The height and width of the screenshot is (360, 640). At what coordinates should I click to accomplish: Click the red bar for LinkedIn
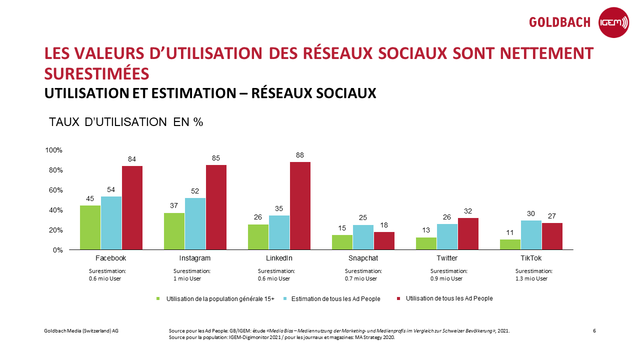pyautogui.click(x=300, y=205)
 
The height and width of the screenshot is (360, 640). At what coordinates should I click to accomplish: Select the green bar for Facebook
pyautogui.click(x=90, y=227)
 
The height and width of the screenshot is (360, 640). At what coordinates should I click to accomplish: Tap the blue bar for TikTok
pyautogui.click(x=531, y=235)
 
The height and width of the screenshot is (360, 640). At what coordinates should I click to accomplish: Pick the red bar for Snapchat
pyautogui.click(x=384, y=240)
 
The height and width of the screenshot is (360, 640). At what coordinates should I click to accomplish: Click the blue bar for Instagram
pyautogui.click(x=195, y=223)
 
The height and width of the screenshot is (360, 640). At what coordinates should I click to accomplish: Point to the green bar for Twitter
pyautogui.click(x=426, y=243)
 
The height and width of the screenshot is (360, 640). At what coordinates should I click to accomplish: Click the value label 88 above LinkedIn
pyautogui.click(x=300, y=155)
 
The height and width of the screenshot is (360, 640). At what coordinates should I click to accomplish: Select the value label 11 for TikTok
pyautogui.click(x=510, y=232)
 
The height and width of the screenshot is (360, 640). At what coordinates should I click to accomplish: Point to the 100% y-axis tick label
pyautogui.click(x=53, y=150)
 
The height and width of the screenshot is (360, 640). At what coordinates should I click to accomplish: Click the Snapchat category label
pyautogui.click(x=363, y=258)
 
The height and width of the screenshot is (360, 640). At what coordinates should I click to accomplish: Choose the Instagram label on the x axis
pyautogui.click(x=195, y=258)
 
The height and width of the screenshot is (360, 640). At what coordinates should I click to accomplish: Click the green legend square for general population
pyautogui.click(x=158, y=299)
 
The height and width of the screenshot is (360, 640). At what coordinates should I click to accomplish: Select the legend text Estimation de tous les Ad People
pyautogui.click(x=335, y=299)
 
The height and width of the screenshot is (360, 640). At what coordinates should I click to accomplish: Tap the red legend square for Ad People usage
pyautogui.click(x=398, y=298)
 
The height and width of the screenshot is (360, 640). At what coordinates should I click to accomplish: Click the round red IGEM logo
pyautogui.click(x=613, y=22)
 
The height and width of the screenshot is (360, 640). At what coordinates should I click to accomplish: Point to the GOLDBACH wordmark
pyautogui.click(x=560, y=22)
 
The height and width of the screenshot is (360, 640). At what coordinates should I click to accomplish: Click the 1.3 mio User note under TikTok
pyautogui.click(x=531, y=278)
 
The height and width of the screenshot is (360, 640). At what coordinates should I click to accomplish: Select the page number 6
pyautogui.click(x=594, y=331)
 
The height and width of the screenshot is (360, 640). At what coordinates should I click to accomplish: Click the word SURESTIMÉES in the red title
pyautogui.click(x=96, y=73)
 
